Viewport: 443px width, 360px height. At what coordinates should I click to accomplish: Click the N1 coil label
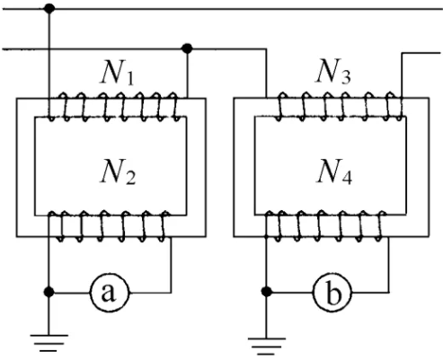pyautogui.click(x=117, y=73)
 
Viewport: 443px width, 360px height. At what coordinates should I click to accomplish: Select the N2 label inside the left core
pyautogui.click(x=118, y=171)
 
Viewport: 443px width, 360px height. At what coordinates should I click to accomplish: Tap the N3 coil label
pyautogui.click(x=333, y=71)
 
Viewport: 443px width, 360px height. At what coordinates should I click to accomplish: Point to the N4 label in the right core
pyautogui.click(x=334, y=171)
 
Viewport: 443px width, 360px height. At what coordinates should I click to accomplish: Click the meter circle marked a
pyautogui.click(x=110, y=293)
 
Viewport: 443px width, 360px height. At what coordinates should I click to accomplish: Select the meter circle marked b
pyautogui.click(x=332, y=293)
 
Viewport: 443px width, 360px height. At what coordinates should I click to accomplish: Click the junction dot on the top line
pyautogui.click(x=49, y=8)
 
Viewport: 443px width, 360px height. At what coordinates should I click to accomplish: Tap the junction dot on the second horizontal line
pyautogui.click(x=187, y=48)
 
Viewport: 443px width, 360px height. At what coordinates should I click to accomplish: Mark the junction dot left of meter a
pyautogui.click(x=49, y=292)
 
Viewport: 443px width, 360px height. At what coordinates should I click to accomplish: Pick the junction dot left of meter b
pyautogui.click(x=266, y=292)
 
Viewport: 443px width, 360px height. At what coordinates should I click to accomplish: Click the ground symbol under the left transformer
pyautogui.click(x=49, y=343)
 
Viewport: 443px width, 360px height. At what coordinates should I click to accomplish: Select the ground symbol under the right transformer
pyautogui.click(x=266, y=347)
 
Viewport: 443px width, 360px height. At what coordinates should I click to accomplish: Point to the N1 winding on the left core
pyautogui.click(x=114, y=107)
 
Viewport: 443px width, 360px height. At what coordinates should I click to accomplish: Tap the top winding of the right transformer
pyautogui.click(x=340, y=107)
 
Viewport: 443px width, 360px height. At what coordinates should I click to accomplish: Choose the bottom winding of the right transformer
pyautogui.click(x=325, y=226)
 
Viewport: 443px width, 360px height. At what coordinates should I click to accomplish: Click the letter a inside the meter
pyautogui.click(x=108, y=293)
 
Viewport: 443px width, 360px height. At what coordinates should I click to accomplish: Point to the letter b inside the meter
pyautogui.click(x=333, y=293)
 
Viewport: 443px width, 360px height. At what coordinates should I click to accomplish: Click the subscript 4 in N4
pyautogui.click(x=347, y=177)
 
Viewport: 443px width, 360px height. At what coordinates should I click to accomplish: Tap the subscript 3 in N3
pyautogui.click(x=345, y=77)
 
